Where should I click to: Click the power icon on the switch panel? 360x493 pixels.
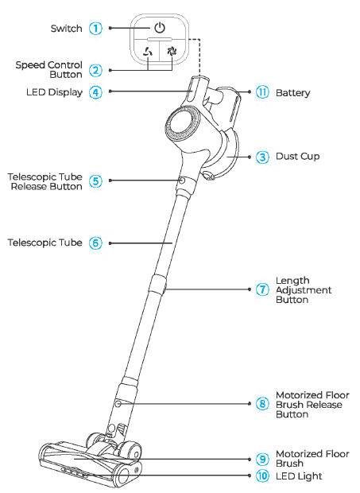click(x=160, y=28)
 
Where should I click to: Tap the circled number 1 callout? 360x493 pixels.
click(x=95, y=29)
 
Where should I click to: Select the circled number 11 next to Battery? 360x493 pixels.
click(x=263, y=92)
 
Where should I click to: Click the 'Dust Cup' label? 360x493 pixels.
click(x=298, y=157)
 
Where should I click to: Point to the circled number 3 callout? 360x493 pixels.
click(x=263, y=157)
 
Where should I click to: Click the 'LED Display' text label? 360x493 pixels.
click(x=54, y=92)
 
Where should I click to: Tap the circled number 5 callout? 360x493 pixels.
click(x=95, y=181)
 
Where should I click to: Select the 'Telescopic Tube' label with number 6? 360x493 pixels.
click(x=45, y=243)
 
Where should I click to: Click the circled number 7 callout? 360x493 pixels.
click(x=263, y=289)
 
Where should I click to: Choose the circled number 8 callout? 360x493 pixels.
click(x=263, y=404)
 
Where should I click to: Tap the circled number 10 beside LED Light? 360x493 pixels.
click(x=263, y=476)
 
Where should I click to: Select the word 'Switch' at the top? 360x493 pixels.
click(x=66, y=29)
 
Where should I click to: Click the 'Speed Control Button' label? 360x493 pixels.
click(x=48, y=70)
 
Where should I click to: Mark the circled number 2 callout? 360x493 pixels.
click(x=95, y=70)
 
